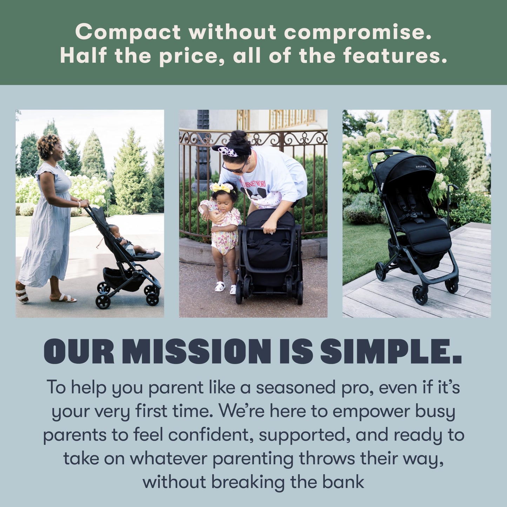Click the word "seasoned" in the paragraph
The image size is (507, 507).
pos(296,388)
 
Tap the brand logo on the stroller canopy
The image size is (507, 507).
pos(421,167)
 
